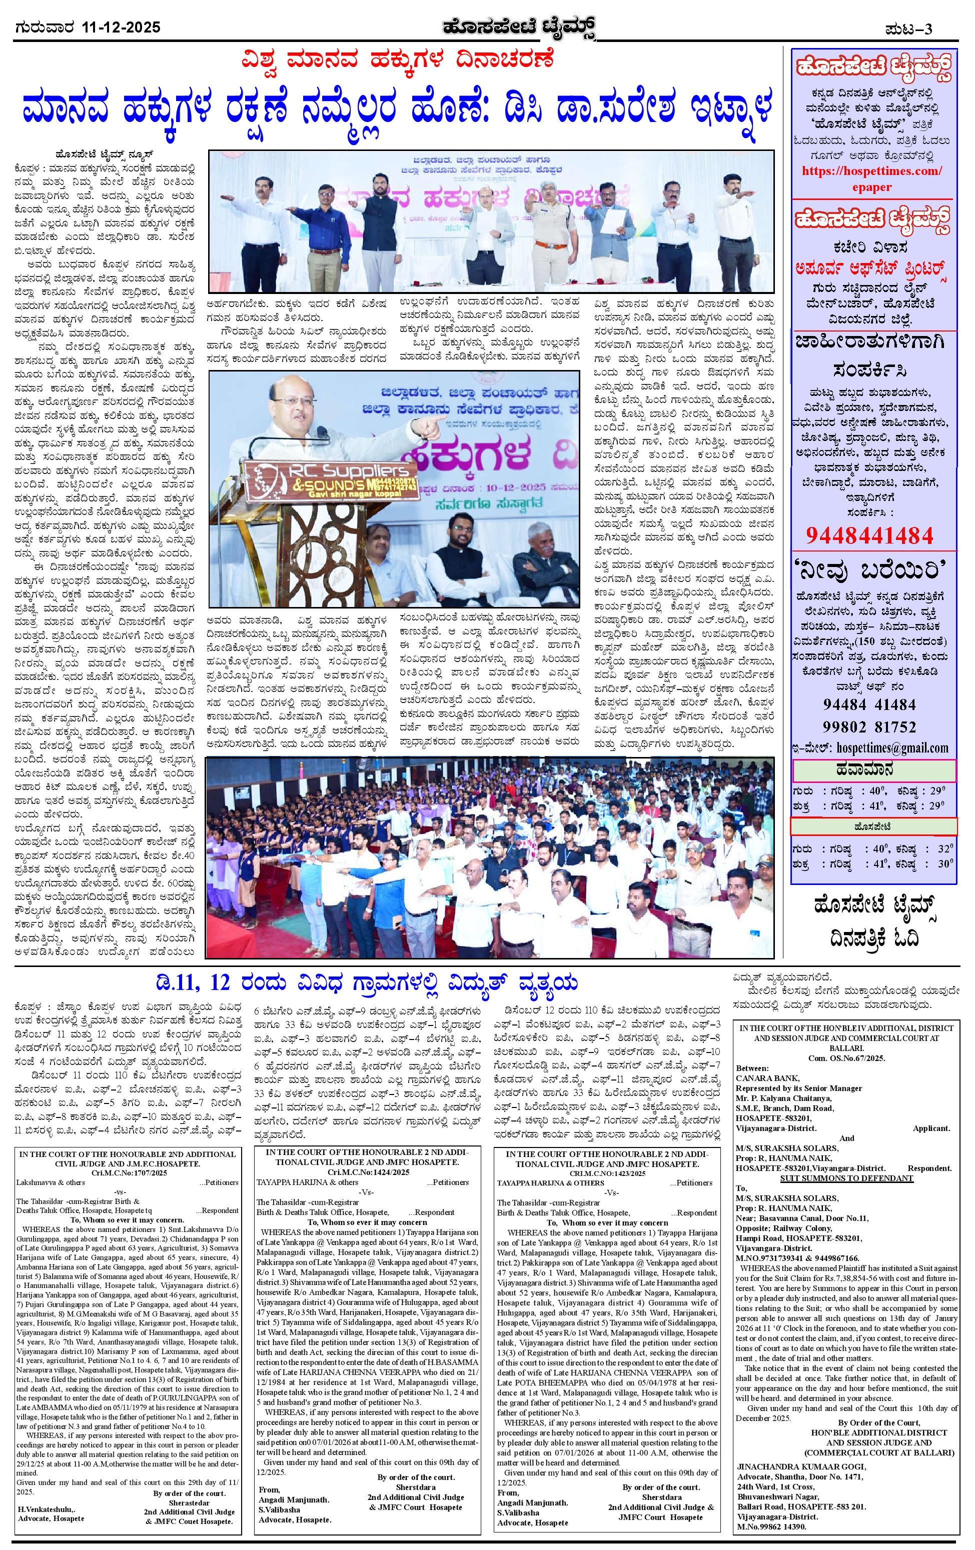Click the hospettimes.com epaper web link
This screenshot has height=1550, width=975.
[872, 179]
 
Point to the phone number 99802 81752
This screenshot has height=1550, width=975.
[869, 726]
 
